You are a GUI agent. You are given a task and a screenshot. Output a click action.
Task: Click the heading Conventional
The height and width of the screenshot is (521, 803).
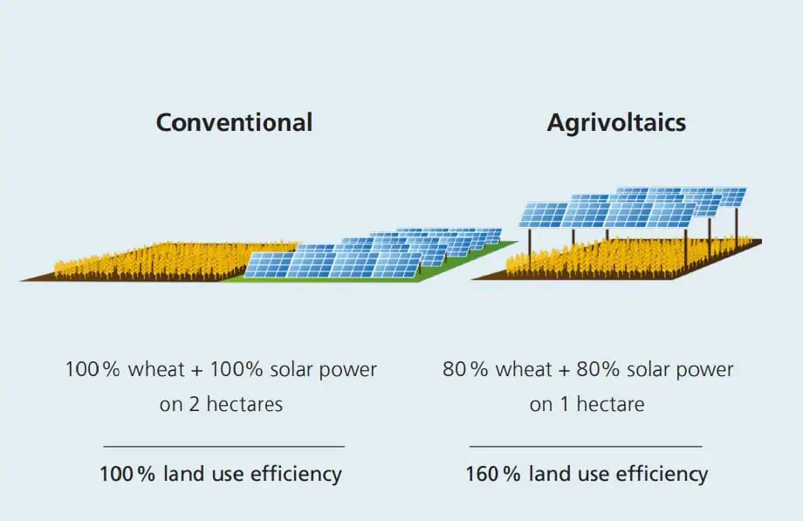tap(234, 122)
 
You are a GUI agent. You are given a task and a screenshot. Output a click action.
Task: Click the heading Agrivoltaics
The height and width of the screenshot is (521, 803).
tap(616, 123)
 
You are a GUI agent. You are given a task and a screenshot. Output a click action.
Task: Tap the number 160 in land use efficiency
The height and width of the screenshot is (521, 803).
tap(482, 474)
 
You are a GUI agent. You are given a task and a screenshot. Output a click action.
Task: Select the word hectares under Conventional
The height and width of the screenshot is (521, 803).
tap(244, 404)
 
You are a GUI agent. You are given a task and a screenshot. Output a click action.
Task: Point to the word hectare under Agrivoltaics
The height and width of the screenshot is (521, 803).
tap(610, 404)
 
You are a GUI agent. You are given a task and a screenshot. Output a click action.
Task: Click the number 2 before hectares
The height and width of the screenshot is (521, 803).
tap(194, 405)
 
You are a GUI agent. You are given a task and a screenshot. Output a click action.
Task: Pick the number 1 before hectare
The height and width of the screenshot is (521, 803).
tap(565, 405)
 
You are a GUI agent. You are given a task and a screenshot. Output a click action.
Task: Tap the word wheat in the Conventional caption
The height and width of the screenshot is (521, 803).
tap(156, 369)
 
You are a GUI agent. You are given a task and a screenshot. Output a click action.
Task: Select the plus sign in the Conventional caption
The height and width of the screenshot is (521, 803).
tap(197, 370)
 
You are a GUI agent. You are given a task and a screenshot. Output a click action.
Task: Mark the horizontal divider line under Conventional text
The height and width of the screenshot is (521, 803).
tap(223, 446)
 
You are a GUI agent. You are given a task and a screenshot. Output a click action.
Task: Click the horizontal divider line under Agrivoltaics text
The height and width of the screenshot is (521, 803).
tap(586, 446)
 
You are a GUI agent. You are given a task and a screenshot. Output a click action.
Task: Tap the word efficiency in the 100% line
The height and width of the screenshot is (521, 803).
tap(296, 474)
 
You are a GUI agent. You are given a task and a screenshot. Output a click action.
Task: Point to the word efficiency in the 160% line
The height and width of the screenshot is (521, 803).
tap(662, 474)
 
